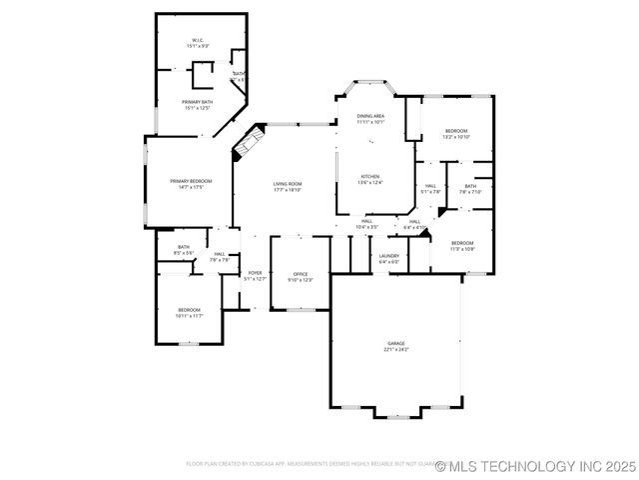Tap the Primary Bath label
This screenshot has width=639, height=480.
[x=197, y=102]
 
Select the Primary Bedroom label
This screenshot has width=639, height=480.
[x=190, y=181]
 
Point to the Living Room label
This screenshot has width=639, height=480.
[x=288, y=184]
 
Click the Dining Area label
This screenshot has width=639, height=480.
[x=370, y=117]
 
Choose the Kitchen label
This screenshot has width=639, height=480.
[x=370, y=176]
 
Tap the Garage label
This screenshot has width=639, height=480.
[x=396, y=343]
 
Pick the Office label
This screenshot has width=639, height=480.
[x=301, y=274]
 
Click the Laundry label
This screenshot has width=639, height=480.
[x=388, y=256]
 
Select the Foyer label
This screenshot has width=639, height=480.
[x=255, y=273]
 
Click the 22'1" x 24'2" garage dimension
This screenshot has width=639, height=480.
[x=396, y=350]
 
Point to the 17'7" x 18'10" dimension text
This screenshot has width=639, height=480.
[x=288, y=190]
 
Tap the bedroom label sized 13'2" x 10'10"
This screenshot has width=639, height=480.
[x=456, y=131]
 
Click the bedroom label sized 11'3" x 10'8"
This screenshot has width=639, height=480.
[x=461, y=243]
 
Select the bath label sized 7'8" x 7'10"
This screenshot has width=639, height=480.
[x=469, y=186]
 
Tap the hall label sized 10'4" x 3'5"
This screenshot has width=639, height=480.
[x=367, y=221]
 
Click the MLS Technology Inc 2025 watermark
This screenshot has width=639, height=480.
[x=541, y=465]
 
